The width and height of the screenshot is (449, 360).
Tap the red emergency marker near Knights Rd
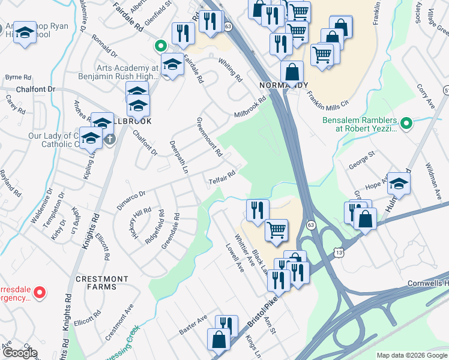pyautogui.click(x=40, y=293)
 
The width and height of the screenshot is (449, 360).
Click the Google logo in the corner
pyautogui.click(x=20, y=353)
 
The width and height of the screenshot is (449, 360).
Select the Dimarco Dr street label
pyautogui.click(x=131, y=199)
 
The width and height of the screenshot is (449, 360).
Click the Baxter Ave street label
pyautogui.click(x=193, y=325)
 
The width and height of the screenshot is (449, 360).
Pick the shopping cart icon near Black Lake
pyautogui.click(x=276, y=230)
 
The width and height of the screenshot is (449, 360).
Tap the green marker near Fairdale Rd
pyautogui.click(x=160, y=45)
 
